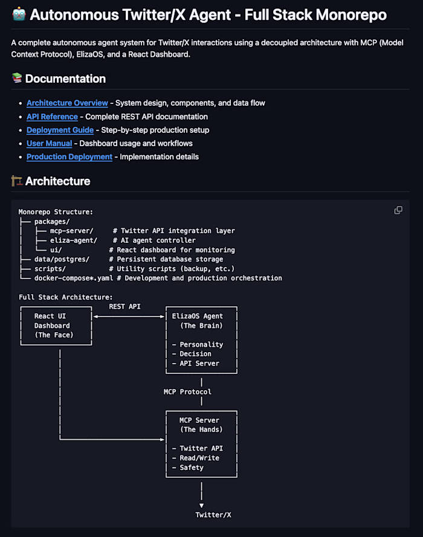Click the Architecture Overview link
click(x=67, y=103)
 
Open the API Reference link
click(x=52, y=117)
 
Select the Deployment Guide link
click(x=60, y=130)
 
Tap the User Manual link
click(x=50, y=144)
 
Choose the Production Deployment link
click(x=69, y=157)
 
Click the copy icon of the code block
click(x=398, y=210)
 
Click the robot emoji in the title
click(x=19, y=14)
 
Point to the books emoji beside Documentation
click(x=17, y=78)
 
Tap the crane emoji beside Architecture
click(x=17, y=181)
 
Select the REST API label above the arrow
click(x=124, y=306)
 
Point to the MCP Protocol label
click(x=187, y=392)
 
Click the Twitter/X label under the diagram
click(x=213, y=515)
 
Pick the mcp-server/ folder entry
click(x=71, y=231)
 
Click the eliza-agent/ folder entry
click(x=74, y=240)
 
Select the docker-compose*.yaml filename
click(x=74, y=278)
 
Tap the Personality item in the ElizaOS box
click(x=201, y=344)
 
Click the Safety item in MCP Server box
click(x=192, y=468)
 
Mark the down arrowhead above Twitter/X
click(x=201, y=506)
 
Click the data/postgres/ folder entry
click(x=62, y=259)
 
